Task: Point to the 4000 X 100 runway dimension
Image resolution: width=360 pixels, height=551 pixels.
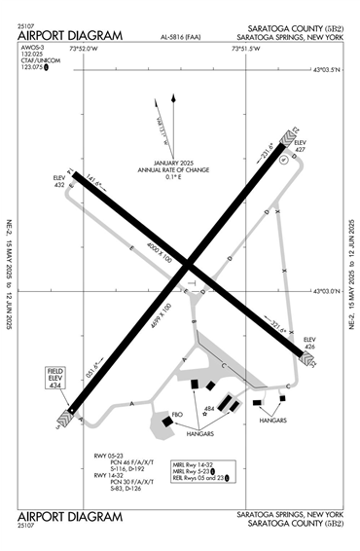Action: (153, 251)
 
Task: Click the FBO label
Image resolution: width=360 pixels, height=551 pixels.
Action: (178, 416)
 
